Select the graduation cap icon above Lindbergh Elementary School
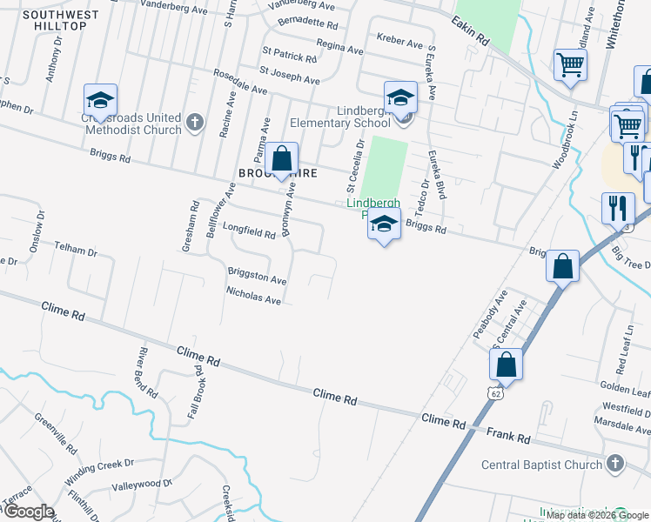coord(400,97)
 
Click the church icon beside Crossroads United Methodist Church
coord(195,123)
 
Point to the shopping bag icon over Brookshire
coord(281,160)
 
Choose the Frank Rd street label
coord(508,432)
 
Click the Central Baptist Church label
coord(542,464)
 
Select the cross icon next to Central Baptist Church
coord(615,462)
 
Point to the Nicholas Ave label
coord(253,296)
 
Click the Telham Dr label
coord(77,251)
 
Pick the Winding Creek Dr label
coord(99,471)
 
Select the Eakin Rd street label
coord(471,33)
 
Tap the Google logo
coord(29,512)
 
